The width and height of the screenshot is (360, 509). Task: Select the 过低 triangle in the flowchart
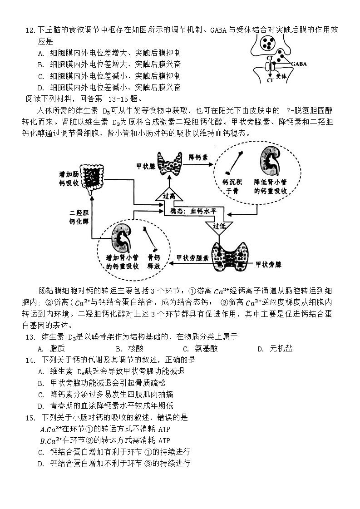218,226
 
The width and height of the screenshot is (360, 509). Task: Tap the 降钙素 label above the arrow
198,158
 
